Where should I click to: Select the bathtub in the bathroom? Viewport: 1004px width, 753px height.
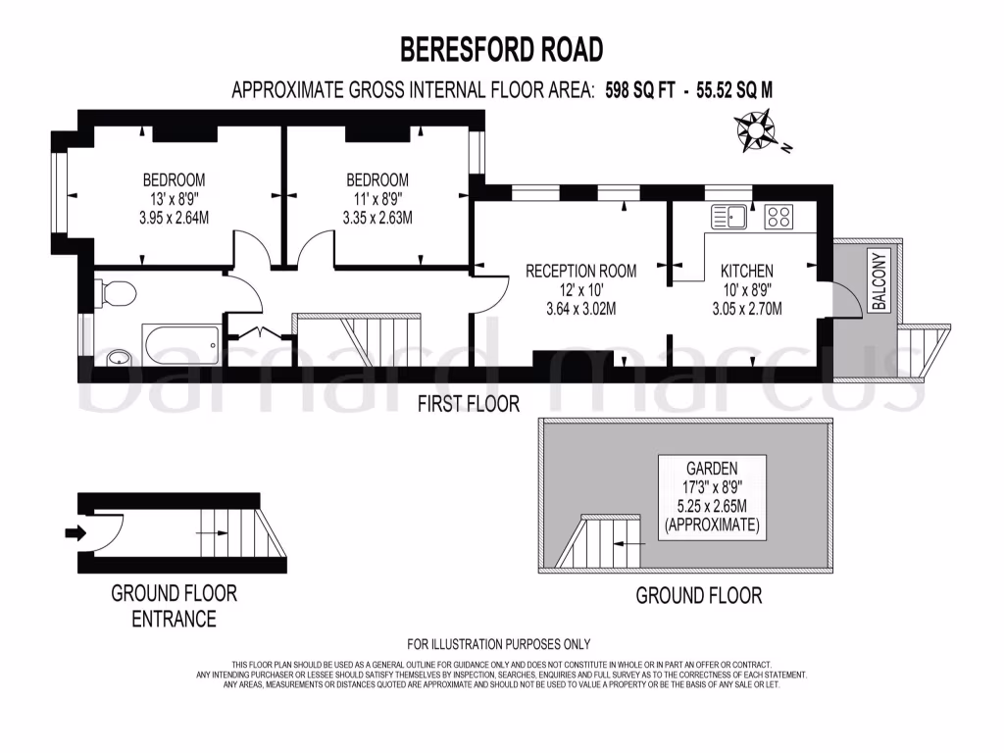(x=181, y=344)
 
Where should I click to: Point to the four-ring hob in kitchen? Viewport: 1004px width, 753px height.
(x=779, y=216)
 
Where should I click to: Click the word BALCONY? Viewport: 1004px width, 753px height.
(x=879, y=281)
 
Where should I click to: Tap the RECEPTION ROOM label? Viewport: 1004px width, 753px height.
(x=580, y=271)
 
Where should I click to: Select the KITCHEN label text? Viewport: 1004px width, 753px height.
(x=747, y=271)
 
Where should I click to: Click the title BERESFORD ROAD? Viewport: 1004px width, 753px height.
(x=501, y=48)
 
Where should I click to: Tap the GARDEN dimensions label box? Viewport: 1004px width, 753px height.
(x=712, y=497)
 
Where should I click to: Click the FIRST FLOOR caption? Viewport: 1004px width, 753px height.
(x=468, y=403)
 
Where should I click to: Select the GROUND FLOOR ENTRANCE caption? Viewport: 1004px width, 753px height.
(x=174, y=606)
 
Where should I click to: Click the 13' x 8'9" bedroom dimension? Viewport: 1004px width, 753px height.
(x=174, y=199)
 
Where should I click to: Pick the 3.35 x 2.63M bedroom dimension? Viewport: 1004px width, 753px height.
(x=376, y=218)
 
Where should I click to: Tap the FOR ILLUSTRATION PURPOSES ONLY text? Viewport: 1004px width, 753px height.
(x=499, y=644)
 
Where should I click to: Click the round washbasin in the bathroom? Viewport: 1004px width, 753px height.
(x=117, y=357)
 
